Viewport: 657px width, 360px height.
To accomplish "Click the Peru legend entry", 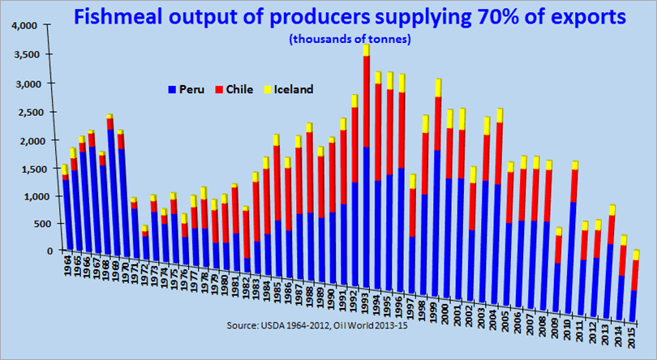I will (188, 88).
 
